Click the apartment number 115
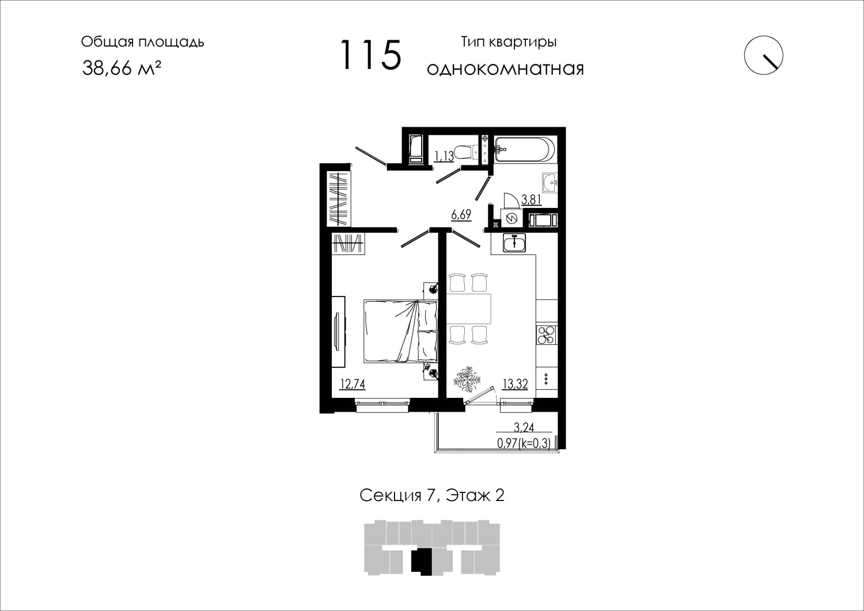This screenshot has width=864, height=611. point(371,55)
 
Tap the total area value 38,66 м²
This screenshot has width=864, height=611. point(121,68)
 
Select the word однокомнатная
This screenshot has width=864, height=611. point(505,69)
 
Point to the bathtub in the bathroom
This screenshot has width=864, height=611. point(525,149)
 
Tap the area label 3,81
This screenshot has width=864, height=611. point(532,199)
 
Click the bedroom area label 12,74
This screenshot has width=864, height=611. point(82,384)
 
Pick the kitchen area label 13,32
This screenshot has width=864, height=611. point(516,384)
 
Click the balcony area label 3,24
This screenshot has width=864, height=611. point(524,427)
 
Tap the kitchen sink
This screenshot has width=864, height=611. point(514,242)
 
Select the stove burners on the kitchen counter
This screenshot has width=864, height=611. point(547,335)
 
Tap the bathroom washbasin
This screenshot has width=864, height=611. point(550,183)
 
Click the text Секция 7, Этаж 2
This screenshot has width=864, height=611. point(432,495)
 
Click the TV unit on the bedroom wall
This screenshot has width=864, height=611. point(69,332)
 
